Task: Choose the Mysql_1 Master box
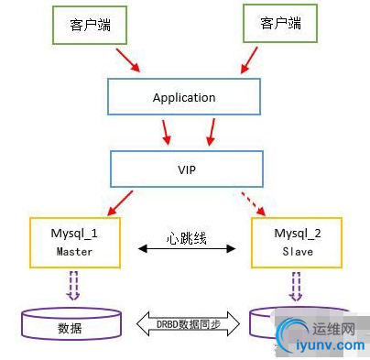[74, 242]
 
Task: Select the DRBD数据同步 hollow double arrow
[187, 323]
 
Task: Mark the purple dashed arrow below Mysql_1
[73, 286]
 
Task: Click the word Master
[74, 251]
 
